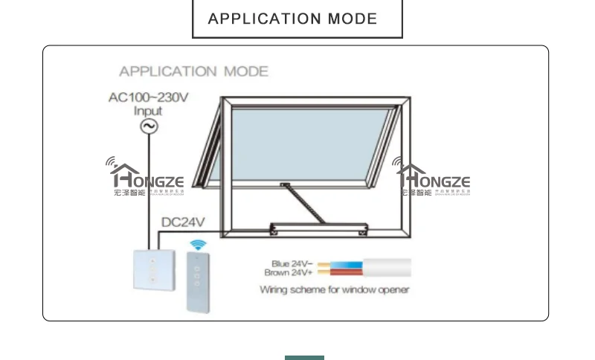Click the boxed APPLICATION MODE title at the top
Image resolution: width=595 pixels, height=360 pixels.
[x=297, y=19]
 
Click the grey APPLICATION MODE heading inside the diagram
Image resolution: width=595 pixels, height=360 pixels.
[x=193, y=71]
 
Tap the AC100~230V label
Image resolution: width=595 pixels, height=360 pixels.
[x=149, y=97]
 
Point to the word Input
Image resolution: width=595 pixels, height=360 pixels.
[x=148, y=112]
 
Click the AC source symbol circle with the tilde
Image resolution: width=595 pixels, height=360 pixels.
[x=149, y=126]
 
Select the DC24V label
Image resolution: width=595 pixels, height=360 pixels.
[x=183, y=222]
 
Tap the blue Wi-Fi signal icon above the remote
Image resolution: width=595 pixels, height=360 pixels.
[x=199, y=245]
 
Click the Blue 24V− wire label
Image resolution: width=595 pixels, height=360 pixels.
[x=292, y=264]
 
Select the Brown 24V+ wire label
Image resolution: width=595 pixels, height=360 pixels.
[x=290, y=273]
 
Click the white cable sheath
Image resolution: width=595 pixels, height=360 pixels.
[x=387, y=268]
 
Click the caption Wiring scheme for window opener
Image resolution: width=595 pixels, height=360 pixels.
[x=334, y=289]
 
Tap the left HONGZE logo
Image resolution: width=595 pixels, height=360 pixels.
[x=146, y=179]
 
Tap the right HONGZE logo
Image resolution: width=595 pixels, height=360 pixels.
[x=433, y=179]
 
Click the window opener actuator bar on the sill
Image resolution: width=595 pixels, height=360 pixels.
[x=320, y=227]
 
